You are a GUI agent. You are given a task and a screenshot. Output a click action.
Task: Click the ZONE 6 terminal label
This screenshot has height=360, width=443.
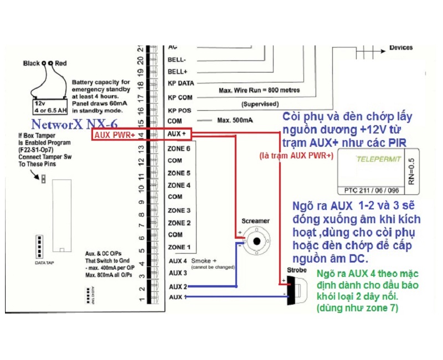pyautogui.click(x=178, y=148)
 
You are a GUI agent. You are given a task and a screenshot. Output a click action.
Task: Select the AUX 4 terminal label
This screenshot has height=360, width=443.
pyautogui.click(x=177, y=261)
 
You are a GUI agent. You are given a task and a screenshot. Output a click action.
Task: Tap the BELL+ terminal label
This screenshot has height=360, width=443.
pyautogui.click(x=177, y=72)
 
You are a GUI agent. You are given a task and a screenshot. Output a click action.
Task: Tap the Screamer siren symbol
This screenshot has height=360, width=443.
pyautogui.click(x=255, y=240)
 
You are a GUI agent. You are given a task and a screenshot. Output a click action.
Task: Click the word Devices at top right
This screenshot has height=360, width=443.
pyautogui.click(x=401, y=48)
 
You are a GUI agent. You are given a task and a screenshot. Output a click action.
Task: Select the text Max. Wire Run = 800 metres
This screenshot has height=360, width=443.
pyautogui.click(x=260, y=90)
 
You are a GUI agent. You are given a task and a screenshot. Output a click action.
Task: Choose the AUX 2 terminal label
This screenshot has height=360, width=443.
pyautogui.click(x=177, y=286)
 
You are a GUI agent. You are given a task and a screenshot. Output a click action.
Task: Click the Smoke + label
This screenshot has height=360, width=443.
pyautogui.click(x=204, y=260)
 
